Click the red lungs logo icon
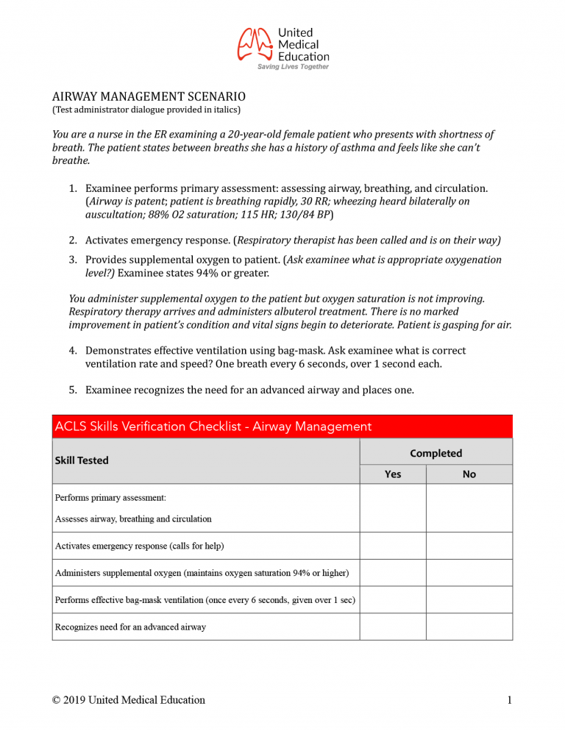pyautogui.click(x=255, y=44)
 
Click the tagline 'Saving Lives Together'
pyautogui.click(x=293, y=67)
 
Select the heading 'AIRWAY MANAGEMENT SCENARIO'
pyautogui.click(x=149, y=96)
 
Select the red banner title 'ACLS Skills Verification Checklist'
pyautogui.click(x=213, y=427)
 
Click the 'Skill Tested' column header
pyautogui.click(x=82, y=460)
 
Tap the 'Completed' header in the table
pyautogui.click(x=436, y=453)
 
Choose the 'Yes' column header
pyautogui.click(x=393, y=474)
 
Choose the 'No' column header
pyautogui.click(x=469, y=474)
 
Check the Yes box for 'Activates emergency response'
pyautogui.click(x=393, y=546)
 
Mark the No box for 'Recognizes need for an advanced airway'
pyautogui.click(x=469, y=627)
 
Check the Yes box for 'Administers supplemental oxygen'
pyautogui.click(x=393, y=572)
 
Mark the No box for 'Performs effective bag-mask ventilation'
pyautogui.click(x=469, y=599)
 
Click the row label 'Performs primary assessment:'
pyautogui.click(x=110, y=498)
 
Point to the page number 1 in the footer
pyautogui.click(x=509, y=699)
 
